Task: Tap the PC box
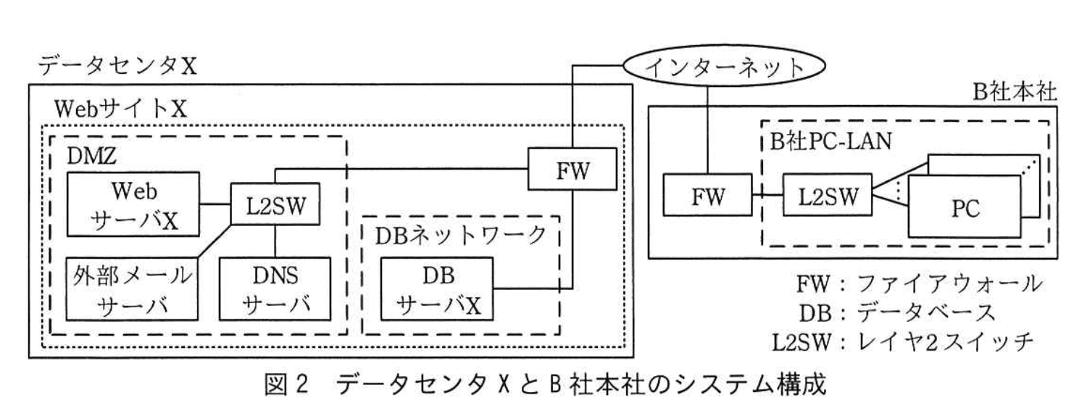click(967, 208)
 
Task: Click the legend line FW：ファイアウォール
click(920, 285)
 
